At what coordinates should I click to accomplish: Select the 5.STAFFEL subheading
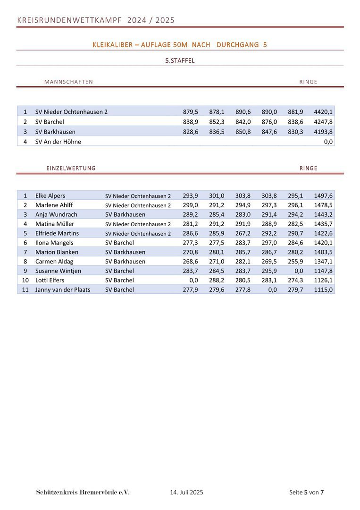click(x=180, y=60)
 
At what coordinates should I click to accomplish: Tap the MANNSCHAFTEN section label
click(x=68, y=82)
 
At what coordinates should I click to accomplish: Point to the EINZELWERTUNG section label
click(x=71, y=168)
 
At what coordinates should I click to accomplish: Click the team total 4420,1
click(x=323, y=112)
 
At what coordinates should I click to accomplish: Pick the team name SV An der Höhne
click(x=58, y=142)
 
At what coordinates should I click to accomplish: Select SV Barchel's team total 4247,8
click(x=323, y=122)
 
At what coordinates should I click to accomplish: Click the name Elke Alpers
click(x=50, y=196)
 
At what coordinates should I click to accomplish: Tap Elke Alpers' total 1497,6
click(x=323, y=196)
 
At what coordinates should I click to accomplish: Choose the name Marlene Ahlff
click(x=54, y=205)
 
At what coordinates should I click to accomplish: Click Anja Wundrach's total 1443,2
click(x=323, y=214)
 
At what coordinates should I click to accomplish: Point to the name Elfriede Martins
click(x=57, y=233)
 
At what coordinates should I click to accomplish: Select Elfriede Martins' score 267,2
click(x=243, y=233)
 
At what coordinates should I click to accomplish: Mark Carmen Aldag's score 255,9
click(x=295, y=261)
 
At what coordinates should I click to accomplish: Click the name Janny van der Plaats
click(x=63, y=289)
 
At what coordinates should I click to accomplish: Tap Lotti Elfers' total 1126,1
click(x=323, y=280)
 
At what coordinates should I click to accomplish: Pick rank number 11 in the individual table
click(x=25, y=289)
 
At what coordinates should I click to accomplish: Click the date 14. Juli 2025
click(x=186, y=492)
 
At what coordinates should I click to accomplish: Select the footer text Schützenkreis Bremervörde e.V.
click(x=83, y=492)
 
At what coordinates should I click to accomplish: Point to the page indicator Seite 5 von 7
click(x=306, y=492)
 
